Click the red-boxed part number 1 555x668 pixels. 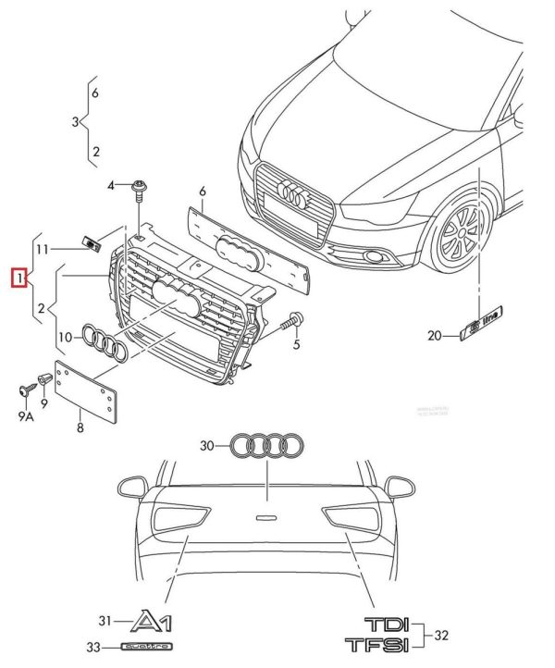pyautogui.click(x=17, y=276)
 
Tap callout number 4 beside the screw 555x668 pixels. pyautogui.click(x=111, y=186)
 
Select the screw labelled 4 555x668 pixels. pyautogui.click(x=139, y=189)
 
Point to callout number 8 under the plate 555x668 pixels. pyautogui.click(x=80, y=427)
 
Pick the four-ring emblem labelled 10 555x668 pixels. pyautogui.click(x=103, y=342)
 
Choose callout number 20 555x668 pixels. pyautogui.click(x=435, y=336)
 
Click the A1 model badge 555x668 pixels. pyautogui.click(x=156, y=621)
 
